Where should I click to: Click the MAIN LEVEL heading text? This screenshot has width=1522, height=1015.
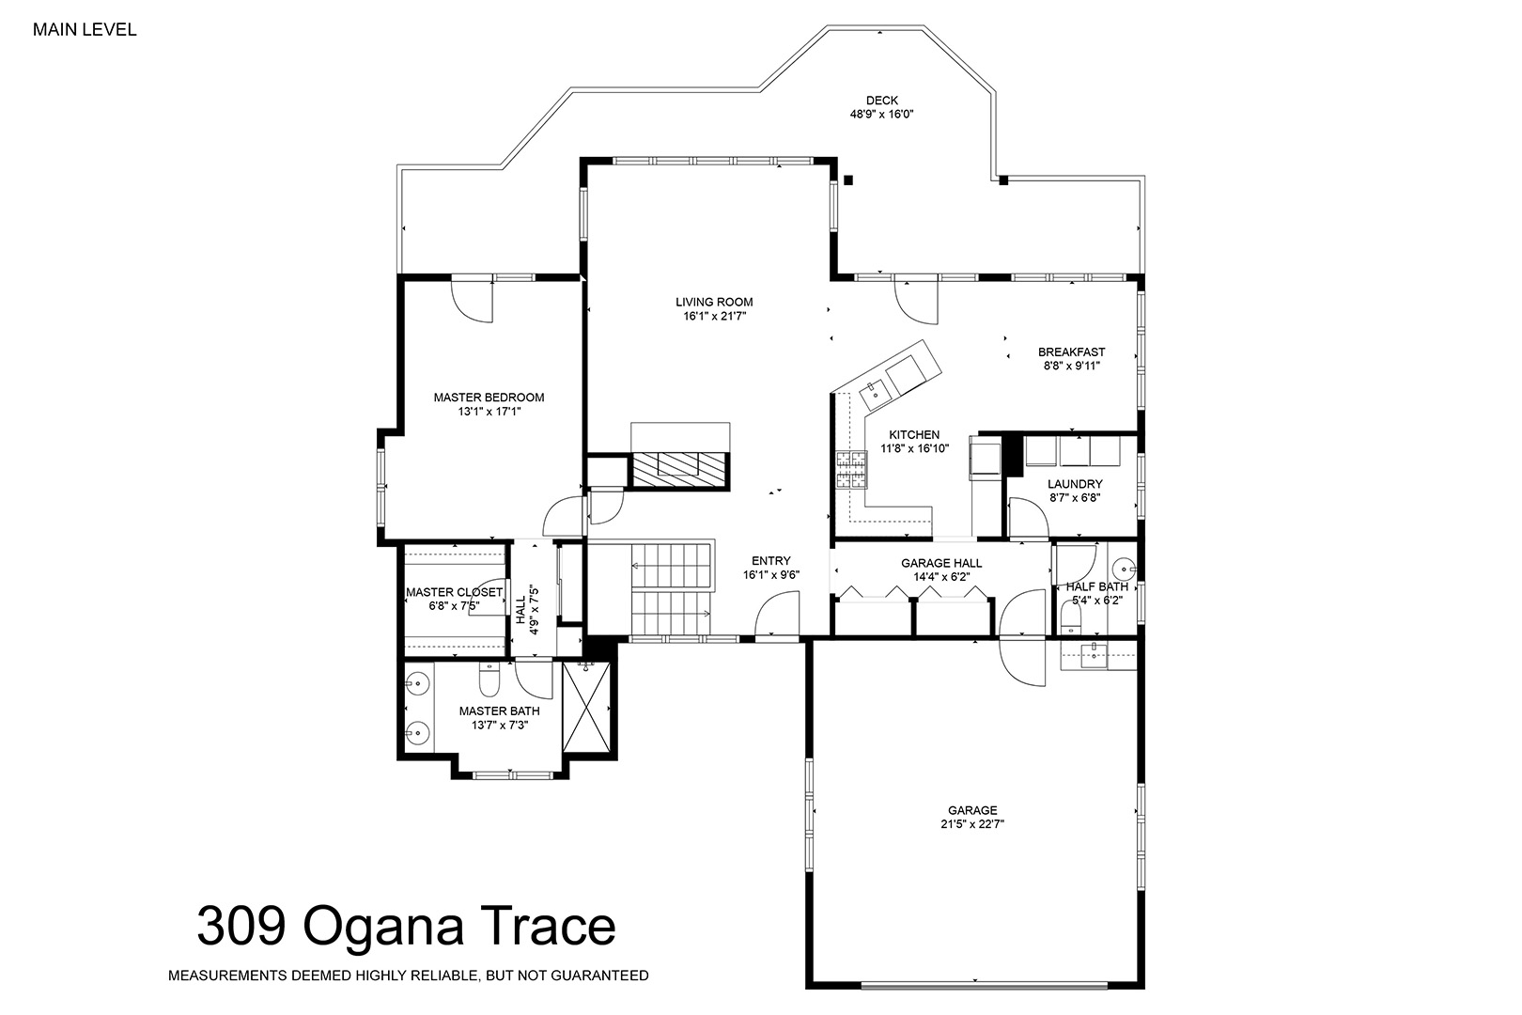[85, 30]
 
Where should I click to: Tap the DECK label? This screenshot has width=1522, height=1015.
[882, 101]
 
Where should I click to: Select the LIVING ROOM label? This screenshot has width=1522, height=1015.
[714, 302]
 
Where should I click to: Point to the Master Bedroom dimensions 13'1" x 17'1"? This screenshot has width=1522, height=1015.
[489, 412]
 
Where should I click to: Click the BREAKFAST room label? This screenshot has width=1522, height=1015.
[1072, 352]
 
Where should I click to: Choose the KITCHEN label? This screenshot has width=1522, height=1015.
[914, 434]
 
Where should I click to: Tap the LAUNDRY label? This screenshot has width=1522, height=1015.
[1075, 484]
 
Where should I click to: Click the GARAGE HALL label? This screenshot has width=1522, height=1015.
[941, 563]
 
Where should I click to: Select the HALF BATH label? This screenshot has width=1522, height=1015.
[1097, 586]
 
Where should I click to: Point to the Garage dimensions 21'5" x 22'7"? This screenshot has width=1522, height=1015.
[972, 824]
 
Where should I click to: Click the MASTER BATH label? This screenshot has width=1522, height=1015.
[500, 711]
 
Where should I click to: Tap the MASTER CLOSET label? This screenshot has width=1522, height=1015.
[455, 592]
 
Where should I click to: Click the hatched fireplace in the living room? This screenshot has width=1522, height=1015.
[680, 470]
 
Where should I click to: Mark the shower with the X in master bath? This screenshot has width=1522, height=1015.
[587, 707]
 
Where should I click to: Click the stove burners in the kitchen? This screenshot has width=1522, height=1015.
[852, 470]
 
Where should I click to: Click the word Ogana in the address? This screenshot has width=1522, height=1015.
[383, 928]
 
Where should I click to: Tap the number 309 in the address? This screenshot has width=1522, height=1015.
[241, 926]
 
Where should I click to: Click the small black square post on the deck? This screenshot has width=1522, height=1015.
[848, 180]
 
